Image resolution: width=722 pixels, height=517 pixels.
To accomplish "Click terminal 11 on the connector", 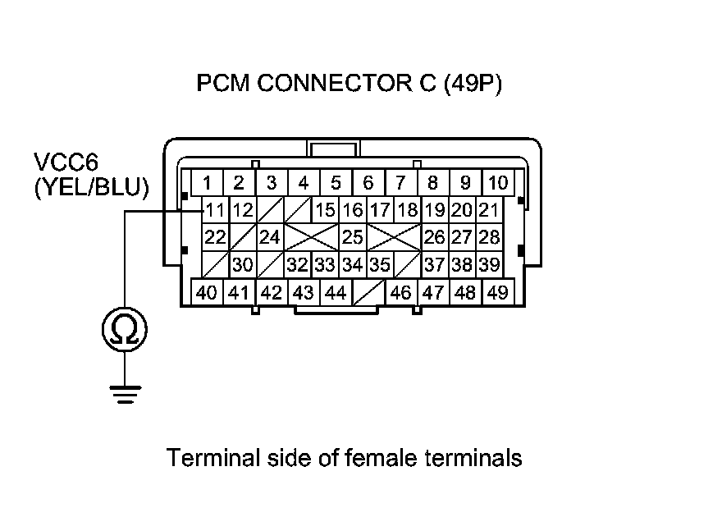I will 214,210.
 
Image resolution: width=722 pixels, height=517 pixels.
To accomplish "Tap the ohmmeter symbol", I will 125,330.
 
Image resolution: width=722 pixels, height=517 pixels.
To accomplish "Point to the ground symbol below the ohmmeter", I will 125,396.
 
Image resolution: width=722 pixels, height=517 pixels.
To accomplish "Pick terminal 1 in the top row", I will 209,182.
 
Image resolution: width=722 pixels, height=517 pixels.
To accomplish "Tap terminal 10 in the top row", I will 496,182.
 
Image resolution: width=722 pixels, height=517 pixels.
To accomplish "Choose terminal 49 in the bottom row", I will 496,292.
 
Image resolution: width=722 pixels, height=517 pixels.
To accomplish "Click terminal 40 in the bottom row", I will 208,292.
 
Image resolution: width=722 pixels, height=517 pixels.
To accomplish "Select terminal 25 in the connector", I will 353,238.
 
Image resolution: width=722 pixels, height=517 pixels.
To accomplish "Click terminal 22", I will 215,238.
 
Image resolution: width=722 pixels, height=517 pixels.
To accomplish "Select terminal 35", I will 379,265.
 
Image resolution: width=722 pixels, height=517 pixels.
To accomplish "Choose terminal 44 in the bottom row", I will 335,292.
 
